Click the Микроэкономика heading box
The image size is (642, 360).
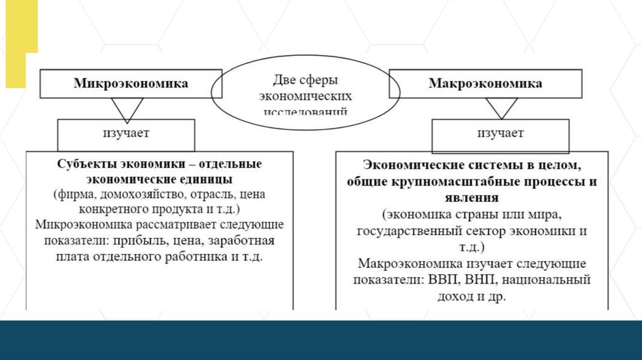point(131,83)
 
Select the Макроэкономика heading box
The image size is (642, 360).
point(485,83)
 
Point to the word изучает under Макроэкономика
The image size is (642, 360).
point(500,134)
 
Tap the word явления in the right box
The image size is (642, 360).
point(474,198)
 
